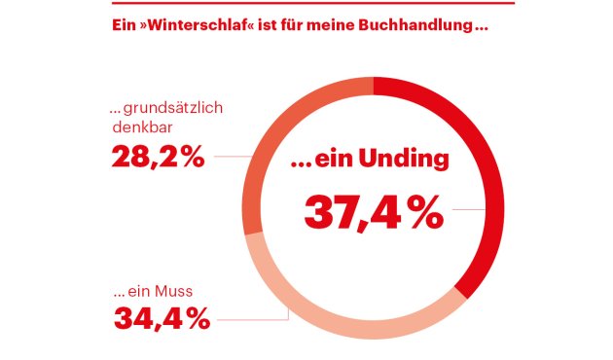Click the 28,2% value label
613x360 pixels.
click(x=159, y=156)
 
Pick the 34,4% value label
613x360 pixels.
click(x=162, y=317)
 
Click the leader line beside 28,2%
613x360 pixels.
click(x=232, y=156)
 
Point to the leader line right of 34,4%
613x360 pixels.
click(x=253, y=318)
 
